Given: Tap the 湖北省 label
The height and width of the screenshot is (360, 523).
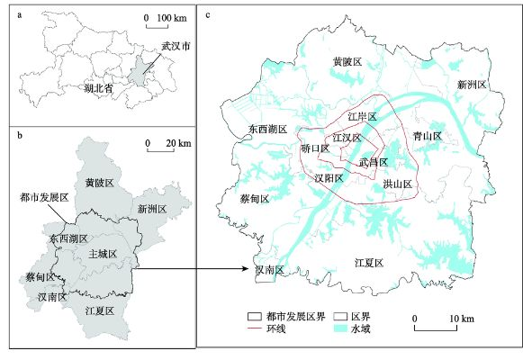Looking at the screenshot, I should click(99, 91).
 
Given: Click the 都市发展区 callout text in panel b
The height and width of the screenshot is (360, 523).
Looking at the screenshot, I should click(40, 196).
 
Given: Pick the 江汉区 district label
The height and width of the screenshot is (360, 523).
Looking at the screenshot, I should click(347, 138).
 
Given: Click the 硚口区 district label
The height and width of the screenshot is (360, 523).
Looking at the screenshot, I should click(315, 149).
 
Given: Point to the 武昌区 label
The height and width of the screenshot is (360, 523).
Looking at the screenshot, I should click(373, 163).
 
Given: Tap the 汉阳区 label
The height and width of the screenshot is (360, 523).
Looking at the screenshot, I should click(329, 179).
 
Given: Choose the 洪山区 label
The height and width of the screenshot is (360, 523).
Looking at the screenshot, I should click(397, 184).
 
